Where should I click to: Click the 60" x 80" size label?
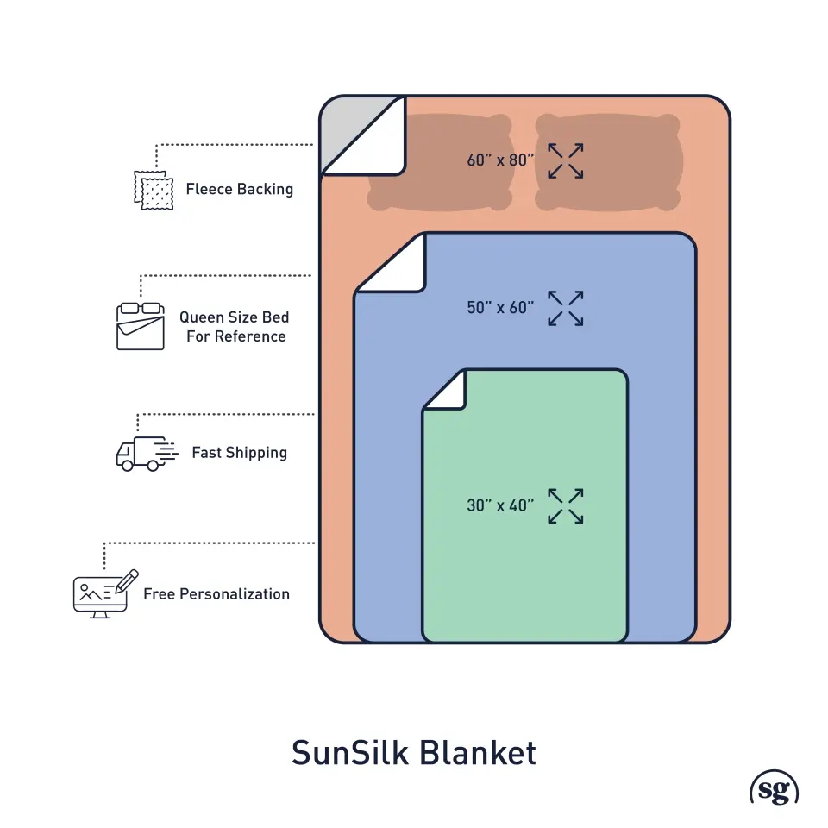pyautogui.click(x=500, y=160)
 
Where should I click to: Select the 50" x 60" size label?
pyautogui.click(x=500, y=307)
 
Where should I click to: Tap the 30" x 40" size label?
pyautogui.click(x=500, y=505)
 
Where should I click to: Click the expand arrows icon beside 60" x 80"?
pyautogui.click(x=566, y=160)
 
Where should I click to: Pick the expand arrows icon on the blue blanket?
pyautogui.click(x=566, y=308)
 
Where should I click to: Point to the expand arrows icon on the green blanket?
pyautogui.click(x=566, y=505)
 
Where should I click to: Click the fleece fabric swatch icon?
pyautogui.click(x=153, y=189)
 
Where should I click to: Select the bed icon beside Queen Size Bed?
pyautogui.click(x=140, y=325)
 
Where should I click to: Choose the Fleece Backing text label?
pyautogui.click(x=239, y=189)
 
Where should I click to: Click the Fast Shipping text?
pyautogui.click(x=239, y=452)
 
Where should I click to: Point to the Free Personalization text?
pyautogui.click(x=216, y=593)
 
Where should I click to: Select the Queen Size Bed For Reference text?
pyautogui.click(x=235, y=327)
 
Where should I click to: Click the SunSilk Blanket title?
pyautogui.click(x=414, y=752)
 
